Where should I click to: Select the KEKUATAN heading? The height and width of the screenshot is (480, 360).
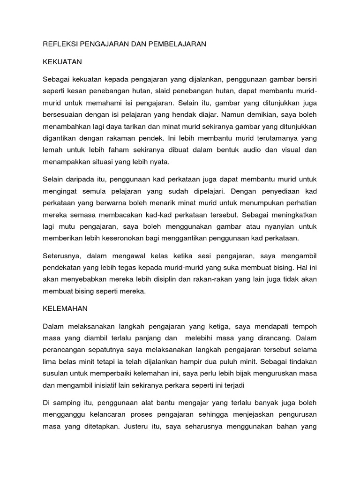62,61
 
